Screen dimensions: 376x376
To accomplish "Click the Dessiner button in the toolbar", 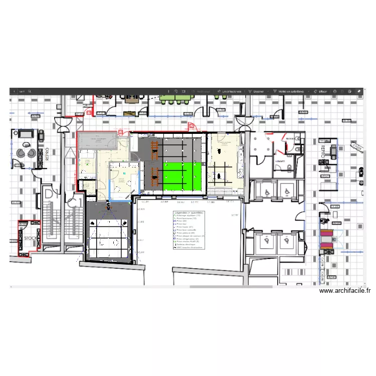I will pos(259,92).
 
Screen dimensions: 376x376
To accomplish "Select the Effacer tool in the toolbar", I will pos(322,92).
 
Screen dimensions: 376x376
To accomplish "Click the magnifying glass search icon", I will pos(30,92).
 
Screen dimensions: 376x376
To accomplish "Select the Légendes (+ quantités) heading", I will pos(189,213).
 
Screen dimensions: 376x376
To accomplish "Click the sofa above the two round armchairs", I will pos(25,133).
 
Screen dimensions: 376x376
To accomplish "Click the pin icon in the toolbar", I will pos(359,92).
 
